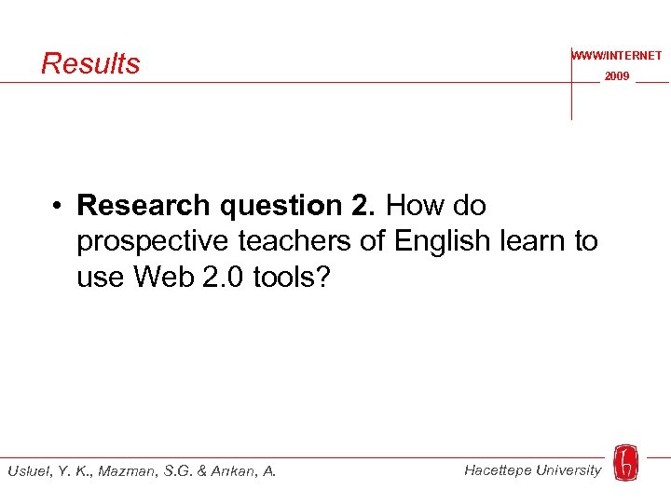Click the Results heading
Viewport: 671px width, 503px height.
90,63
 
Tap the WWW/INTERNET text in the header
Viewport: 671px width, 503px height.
617,56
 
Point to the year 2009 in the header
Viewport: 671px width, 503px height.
617,76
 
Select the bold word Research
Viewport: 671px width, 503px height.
144,205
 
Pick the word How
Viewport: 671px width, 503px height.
415,205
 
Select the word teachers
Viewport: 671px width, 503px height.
295,241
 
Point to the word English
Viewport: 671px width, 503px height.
442,242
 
